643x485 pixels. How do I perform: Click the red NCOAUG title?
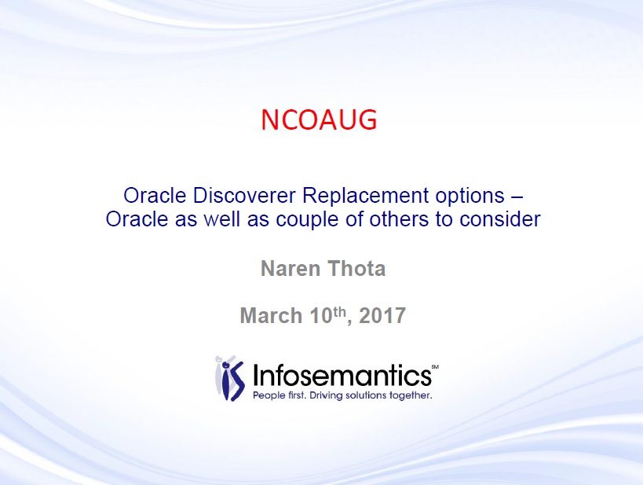(x=319, y=120)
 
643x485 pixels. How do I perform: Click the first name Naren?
(x=290, y=269)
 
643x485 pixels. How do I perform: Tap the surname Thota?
(x=356, y=269)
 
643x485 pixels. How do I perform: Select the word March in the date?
(x=271, y=315)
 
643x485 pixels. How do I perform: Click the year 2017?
(x=382, y=315)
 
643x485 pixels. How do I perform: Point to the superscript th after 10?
(x=339, y=311)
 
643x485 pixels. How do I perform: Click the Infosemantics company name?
(x=342, y=374)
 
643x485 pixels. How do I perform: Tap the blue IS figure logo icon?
(x=230, y=379)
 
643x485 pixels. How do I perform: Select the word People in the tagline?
(x=268, y=395)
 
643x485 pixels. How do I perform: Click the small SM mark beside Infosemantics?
(x=435, y=367)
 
